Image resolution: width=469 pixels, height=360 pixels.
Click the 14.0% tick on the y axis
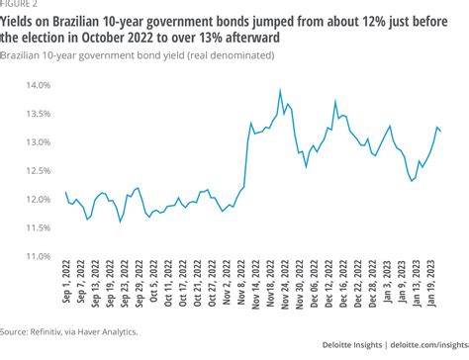[x=39, y=85]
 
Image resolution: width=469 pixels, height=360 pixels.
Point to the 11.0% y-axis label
[x=39, y=256]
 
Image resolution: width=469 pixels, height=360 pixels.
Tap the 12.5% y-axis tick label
[x=39, y=171]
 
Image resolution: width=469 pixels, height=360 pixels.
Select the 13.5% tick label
[x=39, y=114]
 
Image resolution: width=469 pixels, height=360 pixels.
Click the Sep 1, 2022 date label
[x=66, y=281]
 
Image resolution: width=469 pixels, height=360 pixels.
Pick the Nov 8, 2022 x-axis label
[x=241, y=282]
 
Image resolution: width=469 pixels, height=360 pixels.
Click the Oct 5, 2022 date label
[x=154, y=281]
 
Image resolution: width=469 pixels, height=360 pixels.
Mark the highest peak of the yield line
[x=280, y=89]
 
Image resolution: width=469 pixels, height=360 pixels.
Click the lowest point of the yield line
[x=120, y=222]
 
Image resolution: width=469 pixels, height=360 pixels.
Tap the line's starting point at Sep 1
[x=66, y=192]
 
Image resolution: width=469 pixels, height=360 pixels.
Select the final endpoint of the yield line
[x=441, y=132]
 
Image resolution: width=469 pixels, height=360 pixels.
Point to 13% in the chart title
[x=211, y=38]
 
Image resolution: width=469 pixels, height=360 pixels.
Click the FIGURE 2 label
[x=19, y=4]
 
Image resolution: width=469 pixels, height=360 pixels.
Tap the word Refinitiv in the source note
[x=46, y=331]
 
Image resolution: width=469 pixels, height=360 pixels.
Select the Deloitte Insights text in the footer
[x=352, y=345]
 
